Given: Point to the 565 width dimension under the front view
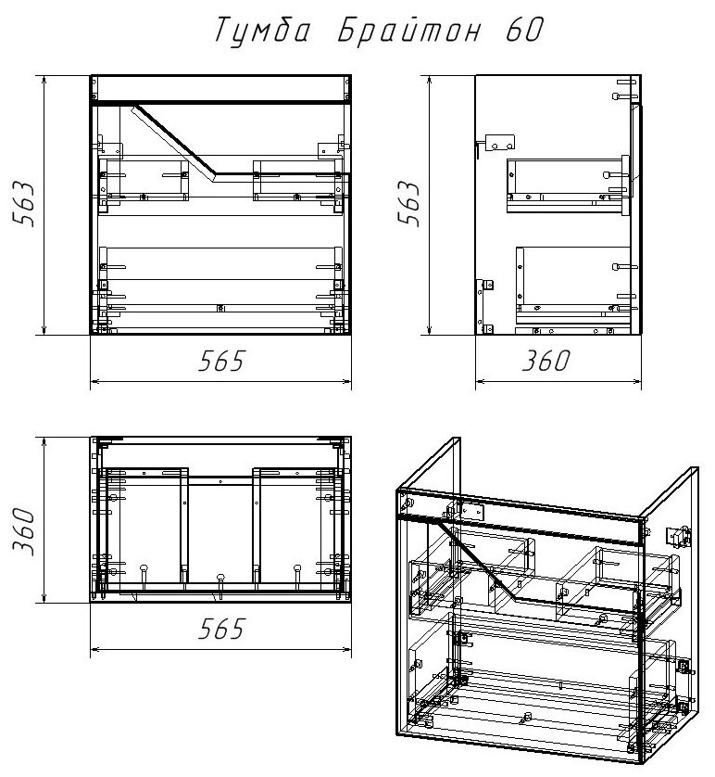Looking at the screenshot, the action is pyautogui.click(x=220, y=363).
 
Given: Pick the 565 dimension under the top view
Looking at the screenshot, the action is pyautogui.click(x=220, y=631).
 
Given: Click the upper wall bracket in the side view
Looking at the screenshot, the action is pyautogui.click(x=497, y=143).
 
